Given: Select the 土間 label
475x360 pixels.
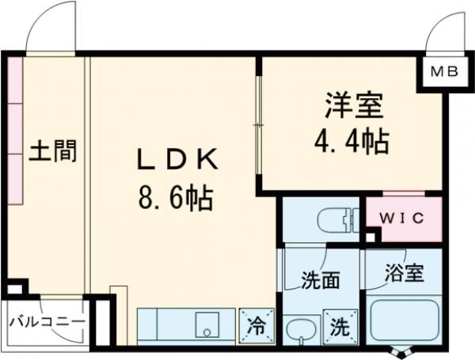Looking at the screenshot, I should tap(54, 150).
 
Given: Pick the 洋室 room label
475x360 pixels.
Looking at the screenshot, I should tap(353, 105).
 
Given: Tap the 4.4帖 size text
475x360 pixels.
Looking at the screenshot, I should tap(353, 142).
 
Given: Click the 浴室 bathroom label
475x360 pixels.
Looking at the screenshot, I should tap(404, 274).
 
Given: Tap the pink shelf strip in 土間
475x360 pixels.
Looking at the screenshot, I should tap(16, 131).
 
